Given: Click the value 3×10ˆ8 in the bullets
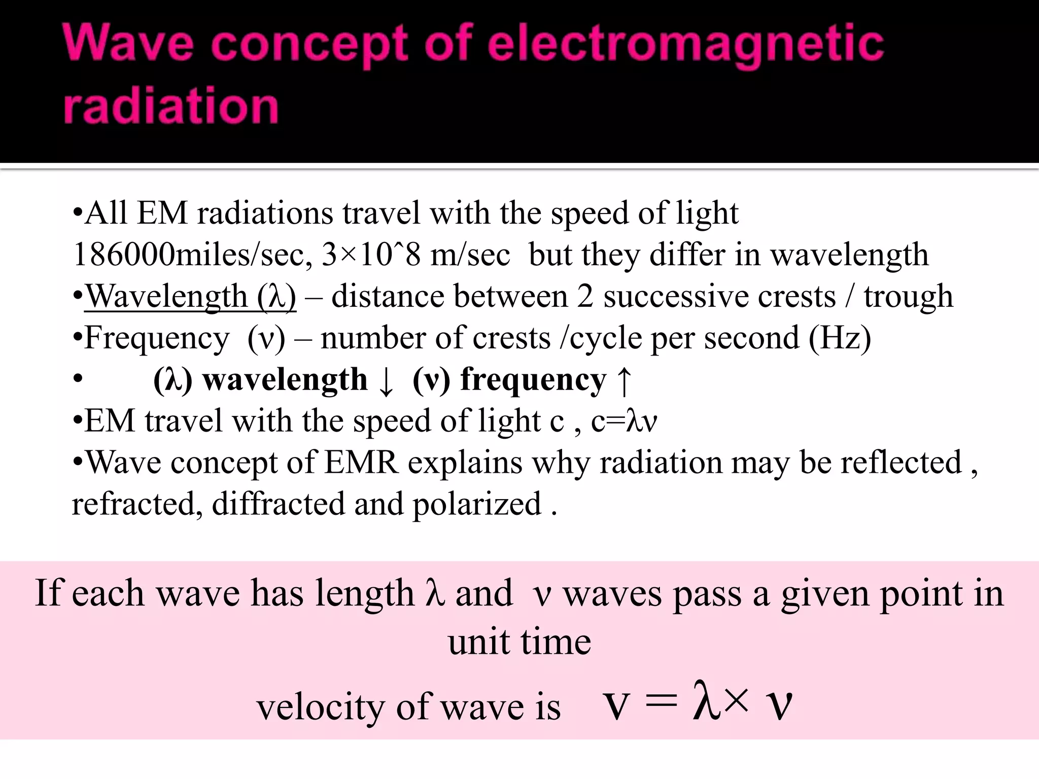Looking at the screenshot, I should pyautogui.click(x=371, y=255).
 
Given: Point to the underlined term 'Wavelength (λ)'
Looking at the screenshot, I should pyautogui.click(x=190, y=296).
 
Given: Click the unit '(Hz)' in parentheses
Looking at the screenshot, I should pyautogui.click(x=840, y=338).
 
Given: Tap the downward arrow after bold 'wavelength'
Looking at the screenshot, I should pyautogui.click(x=386, y=381).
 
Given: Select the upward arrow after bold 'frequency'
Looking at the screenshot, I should pyautogui.click(x=624, y=381).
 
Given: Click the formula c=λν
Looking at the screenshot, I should pyautogui.click(x=624, y=421).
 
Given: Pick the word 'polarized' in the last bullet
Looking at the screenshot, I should pyautogui.click(x=477, y=504).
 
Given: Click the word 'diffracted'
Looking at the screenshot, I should pyautogui.click(x=278, y=504).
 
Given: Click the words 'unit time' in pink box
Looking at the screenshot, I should pyautogui.click(x=519, y=642).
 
